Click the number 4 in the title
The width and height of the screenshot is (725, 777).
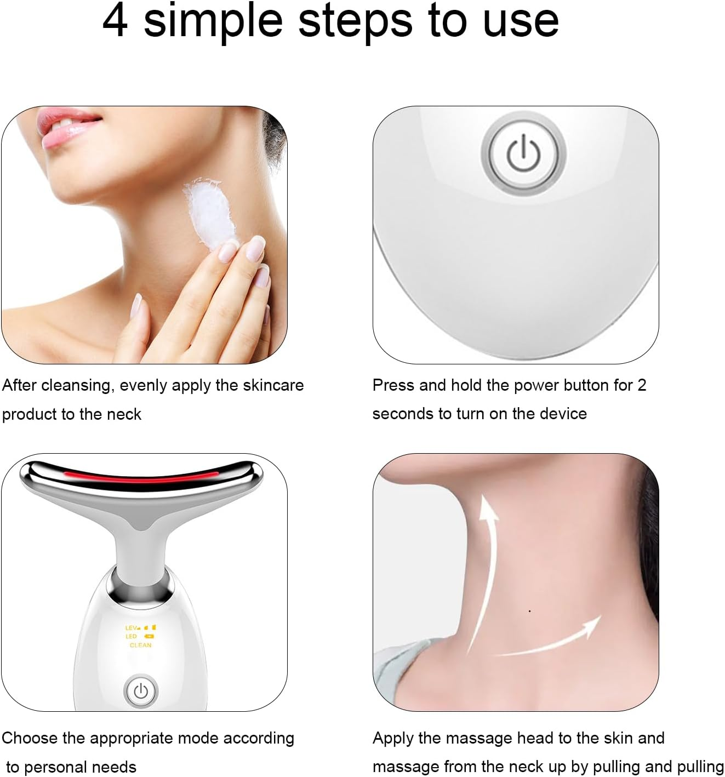pyautogui.click(x=116, y=20)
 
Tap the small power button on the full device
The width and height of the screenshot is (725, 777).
pyautogui.click(x=141, y=691)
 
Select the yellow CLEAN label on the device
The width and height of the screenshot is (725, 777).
pyautogui.click(x=140, y=645)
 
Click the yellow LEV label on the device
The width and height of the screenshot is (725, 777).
pyautogui.click(x=132, y=628)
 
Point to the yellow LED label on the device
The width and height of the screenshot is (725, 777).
pyautogui.click(x=131, y=636)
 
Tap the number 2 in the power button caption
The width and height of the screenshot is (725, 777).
pyautogui.click(x=642, y=385)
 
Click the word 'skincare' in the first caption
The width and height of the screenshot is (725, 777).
pyautogui.click(x=273, y=385)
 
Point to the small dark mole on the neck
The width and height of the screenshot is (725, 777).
pyautogui.click(x=529, y=611)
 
